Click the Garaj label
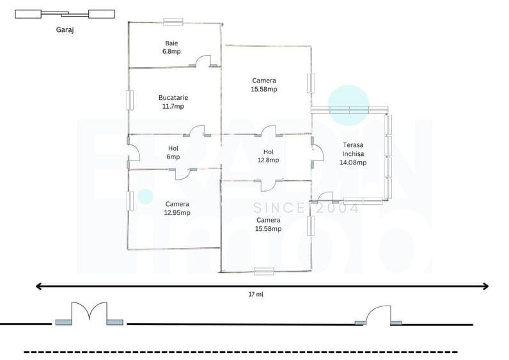[65, 30]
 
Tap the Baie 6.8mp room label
[171, 47]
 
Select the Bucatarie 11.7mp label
[173, 102]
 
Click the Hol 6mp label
[173, 153]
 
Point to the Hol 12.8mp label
[268, 156]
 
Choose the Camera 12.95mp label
[177, 208]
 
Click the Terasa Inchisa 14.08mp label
[353, 153]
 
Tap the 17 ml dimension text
[256, 294]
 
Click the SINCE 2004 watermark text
[306, 208]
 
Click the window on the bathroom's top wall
[173, 22]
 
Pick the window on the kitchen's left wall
[130, 100]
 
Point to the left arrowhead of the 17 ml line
[38, 286]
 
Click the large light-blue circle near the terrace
[348, 105]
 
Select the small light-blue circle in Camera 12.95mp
[145, 196]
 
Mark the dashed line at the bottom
[240, 352]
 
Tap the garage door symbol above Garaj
[65, 14]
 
